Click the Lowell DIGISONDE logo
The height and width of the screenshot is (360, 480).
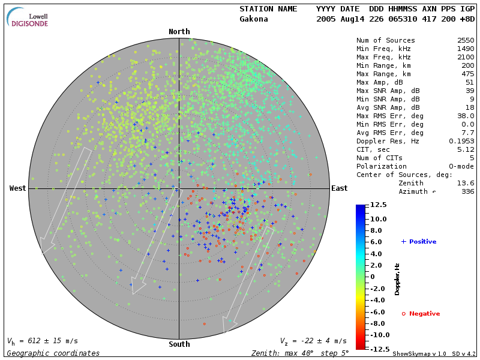click(28, 17)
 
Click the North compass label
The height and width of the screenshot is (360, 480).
click(179, 32)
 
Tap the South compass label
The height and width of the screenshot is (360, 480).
click(179, 344)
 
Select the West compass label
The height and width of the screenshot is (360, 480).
click(18, 188)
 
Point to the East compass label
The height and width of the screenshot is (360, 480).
click(340, 188)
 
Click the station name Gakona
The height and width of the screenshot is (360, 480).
click(254, 19)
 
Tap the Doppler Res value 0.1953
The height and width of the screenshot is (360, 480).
click(461, 141)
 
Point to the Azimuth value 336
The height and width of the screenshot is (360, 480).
click(467, 191)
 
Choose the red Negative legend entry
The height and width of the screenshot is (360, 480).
click(421, 313)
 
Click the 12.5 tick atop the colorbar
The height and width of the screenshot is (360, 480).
click(377, 205)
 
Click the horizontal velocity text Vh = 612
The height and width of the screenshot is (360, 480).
click(42, 341)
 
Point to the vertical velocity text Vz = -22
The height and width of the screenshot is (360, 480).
click(313, 341)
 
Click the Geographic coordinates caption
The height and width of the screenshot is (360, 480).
click(53, 353)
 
